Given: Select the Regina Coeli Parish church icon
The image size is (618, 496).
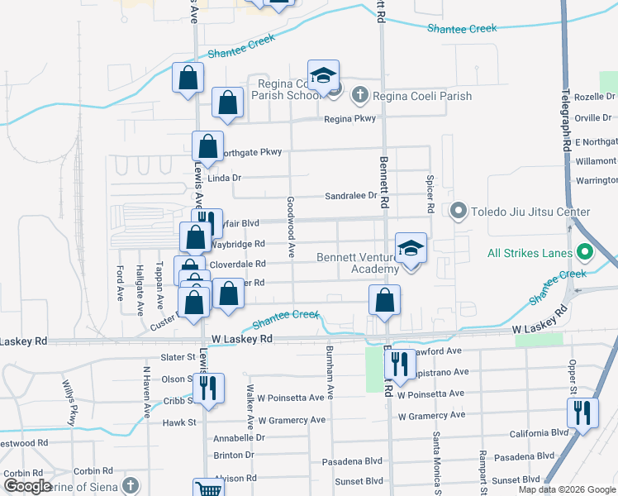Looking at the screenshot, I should (359, 95).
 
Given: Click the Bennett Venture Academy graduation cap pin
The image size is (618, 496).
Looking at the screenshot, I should (411, 249).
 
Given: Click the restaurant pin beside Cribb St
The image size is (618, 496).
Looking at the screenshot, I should (207, 386).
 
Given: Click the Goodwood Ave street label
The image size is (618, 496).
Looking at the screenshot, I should (291, 227).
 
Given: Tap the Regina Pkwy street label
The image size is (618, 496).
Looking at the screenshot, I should (349, 119).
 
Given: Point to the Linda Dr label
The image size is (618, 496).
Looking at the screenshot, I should (224, 178).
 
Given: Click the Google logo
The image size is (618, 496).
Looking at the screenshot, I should (27, 486).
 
